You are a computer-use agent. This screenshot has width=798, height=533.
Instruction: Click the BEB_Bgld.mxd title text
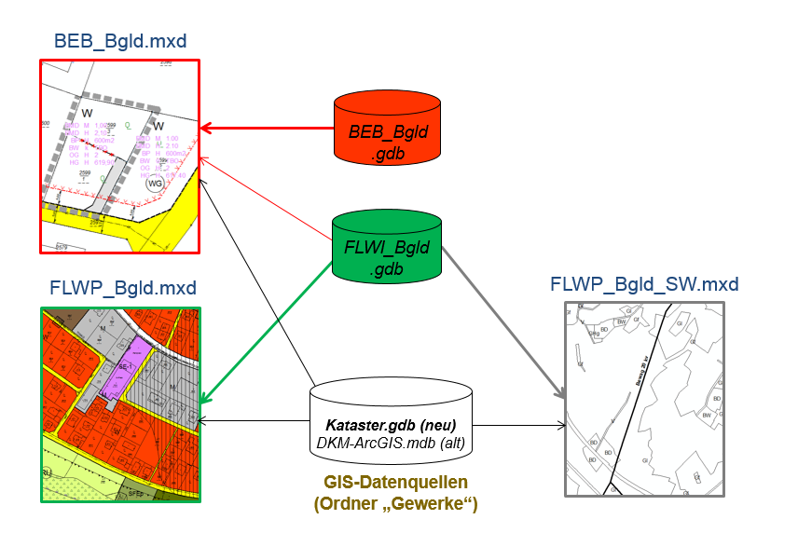pyautogui.click(x=120, y=41)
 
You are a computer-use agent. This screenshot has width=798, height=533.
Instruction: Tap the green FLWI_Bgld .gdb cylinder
pyautogui.click(x=388, y=248)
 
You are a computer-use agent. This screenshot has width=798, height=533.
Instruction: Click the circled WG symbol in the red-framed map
pyautogui.click(x=154, y=185)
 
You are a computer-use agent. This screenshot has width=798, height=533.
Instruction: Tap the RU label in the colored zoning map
pyautogui.click(x=47, y=471)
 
